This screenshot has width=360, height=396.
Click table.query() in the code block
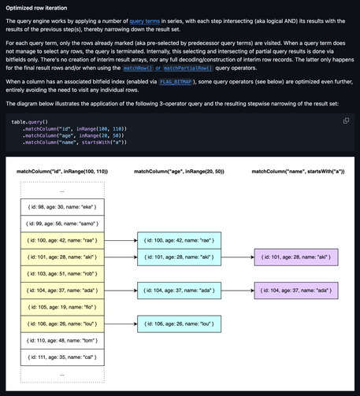29,122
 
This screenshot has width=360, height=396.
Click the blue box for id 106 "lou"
177,324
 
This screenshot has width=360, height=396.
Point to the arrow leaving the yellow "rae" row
119,240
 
